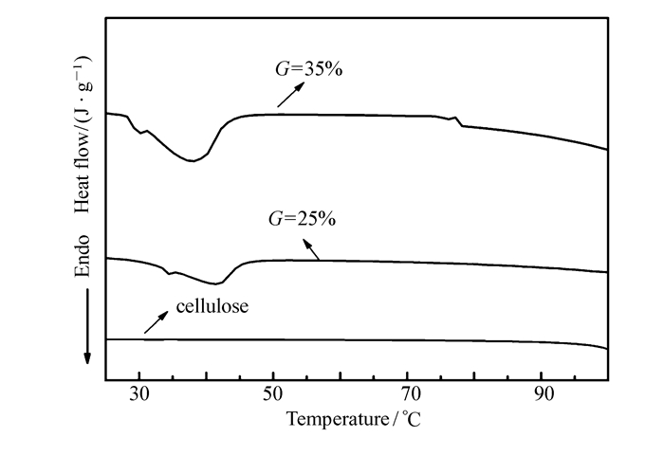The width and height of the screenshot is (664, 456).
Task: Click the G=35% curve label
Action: (x=303, y=71)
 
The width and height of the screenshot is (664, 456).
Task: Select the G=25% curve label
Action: (x=299, y=219)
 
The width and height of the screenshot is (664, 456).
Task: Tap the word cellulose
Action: (x=212, y=307)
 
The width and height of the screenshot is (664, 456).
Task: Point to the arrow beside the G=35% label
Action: (x=292, y=94)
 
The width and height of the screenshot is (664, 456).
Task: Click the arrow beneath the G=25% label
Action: (x=310, y=247)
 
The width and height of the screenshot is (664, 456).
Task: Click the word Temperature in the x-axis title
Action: (x=329, y=418)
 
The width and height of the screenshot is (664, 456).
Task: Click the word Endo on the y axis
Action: (x=83, y=258)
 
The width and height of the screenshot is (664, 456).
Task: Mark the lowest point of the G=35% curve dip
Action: (x=192, y=161)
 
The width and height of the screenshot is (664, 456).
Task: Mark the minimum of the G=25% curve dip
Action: (x=216, y=283)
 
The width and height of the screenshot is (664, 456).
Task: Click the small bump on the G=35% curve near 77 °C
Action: (x=456, y=119)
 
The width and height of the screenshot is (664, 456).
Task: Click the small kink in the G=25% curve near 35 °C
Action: (x=170, y=273)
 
